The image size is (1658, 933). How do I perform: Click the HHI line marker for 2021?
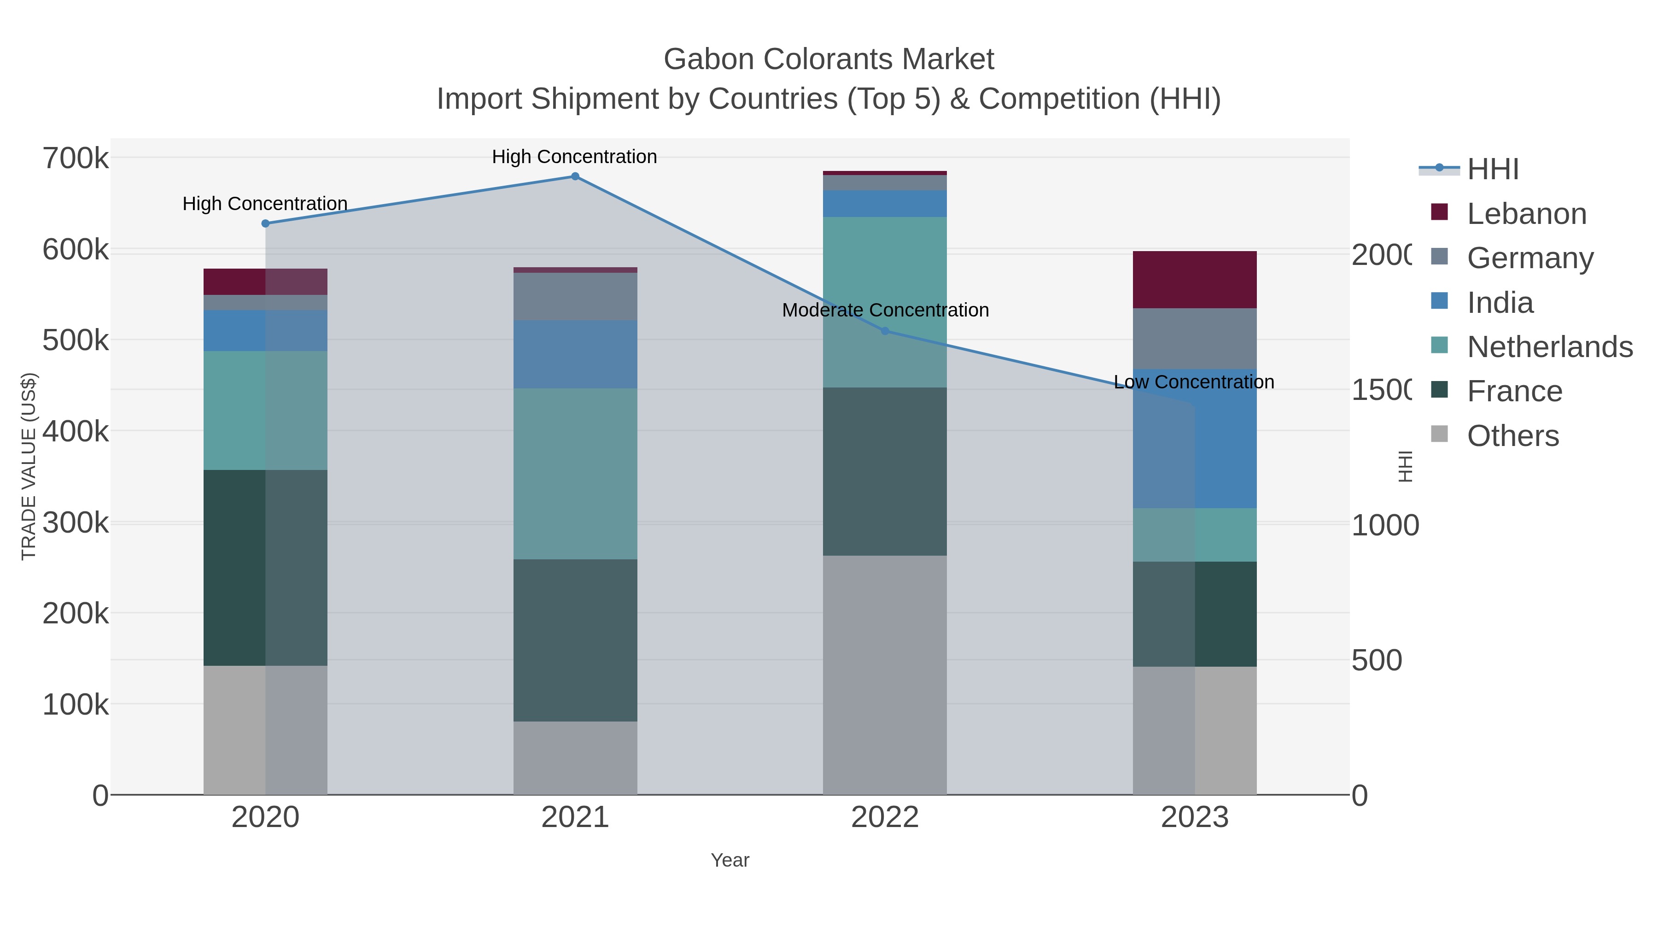(575, 176)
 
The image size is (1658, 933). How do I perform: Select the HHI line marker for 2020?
(265, 223)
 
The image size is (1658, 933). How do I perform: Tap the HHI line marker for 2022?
(884, 331)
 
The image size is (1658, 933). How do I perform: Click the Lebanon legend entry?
(1526, 214)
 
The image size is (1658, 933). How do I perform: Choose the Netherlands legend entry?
(1549, 347)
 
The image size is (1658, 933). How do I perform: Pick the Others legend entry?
(1512, 436)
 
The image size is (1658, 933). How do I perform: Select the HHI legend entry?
(1493, 170)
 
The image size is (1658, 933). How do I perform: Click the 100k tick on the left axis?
(76, 704)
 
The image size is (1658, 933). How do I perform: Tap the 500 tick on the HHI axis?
(1376, 661)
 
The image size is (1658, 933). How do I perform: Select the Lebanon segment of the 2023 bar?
(1195, 280)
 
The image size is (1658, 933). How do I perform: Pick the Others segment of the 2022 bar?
(884, 675)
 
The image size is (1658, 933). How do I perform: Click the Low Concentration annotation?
(1193, 382)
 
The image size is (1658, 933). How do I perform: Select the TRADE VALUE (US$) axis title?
(29, 466)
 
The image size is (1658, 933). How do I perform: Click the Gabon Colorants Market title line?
(829, 59)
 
